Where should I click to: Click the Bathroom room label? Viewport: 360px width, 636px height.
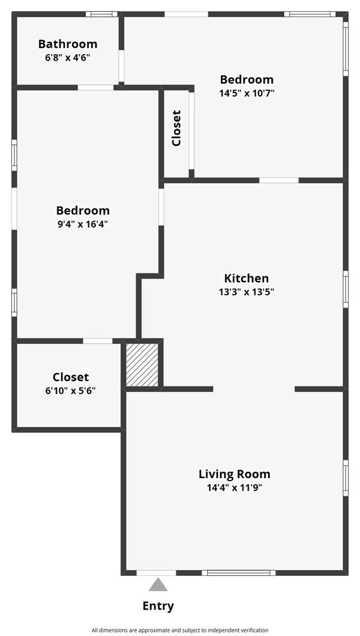point(68,44)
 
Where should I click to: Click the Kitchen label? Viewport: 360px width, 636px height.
point(246,278)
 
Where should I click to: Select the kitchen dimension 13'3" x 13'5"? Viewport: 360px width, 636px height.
point(246,291)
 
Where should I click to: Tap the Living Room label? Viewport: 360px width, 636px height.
point(234,473)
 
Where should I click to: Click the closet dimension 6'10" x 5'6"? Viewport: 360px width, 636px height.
point(71,390)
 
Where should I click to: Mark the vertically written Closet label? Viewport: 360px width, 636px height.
point(176,128)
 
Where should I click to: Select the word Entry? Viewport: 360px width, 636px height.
point(158,605)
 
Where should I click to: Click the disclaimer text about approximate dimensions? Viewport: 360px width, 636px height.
point(180,630)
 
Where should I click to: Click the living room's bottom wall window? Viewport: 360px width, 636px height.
point(239,572)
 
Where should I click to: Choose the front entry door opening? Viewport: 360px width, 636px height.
point(156,572)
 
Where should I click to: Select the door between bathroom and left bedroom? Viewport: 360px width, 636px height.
point(95,88)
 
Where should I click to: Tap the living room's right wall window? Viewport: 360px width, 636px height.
point(346,478)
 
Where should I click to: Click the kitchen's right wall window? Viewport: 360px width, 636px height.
point(346,289)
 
